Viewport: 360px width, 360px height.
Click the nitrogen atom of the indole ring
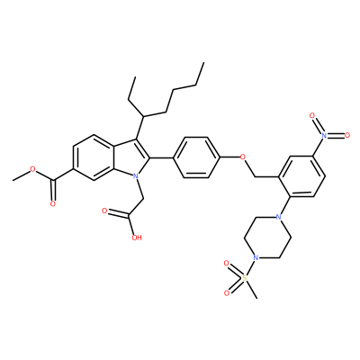tap(136, 175)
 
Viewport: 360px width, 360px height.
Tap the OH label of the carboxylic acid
tap(136, 238)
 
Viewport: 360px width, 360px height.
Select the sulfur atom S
tap(244, 278)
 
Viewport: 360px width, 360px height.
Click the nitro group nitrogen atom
tap(324, 135)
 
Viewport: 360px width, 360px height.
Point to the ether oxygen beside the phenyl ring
tap(243, 157)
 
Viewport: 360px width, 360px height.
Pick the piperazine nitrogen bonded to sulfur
tap(256, 257)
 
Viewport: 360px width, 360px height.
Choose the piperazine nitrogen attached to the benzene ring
tap(279, 217)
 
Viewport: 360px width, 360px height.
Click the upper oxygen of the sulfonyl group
tap(227, 264)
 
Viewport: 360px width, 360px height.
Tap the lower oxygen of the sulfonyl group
tap(227, 293)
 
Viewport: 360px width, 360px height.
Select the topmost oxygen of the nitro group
tap(312, 115)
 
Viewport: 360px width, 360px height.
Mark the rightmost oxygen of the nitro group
tap(347, 135)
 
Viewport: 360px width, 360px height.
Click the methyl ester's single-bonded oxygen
tap(33, 170)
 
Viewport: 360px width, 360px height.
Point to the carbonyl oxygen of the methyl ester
tap(53, 204)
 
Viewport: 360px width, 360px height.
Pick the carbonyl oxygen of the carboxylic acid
tap(104, 211)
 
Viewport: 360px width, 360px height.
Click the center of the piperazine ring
tap(267, 238)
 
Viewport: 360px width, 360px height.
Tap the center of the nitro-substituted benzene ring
tap(301, 176)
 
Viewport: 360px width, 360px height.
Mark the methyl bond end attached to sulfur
tap(256, 299)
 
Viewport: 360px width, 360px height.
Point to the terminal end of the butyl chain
tap(203, 63)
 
